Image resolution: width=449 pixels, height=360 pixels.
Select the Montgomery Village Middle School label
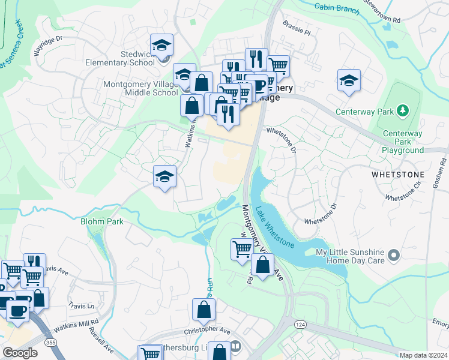click(x=140, y=89)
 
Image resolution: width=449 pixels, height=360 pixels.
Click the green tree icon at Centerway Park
click(x=404, y=110)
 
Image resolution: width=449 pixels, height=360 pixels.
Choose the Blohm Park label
click(x=102, y=221)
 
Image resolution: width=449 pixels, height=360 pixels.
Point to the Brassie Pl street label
click(x=298, y=28)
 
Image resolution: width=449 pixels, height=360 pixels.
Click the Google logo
click(x=20, y=353)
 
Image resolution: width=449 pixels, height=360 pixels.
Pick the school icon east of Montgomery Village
click(x=349, y=80)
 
